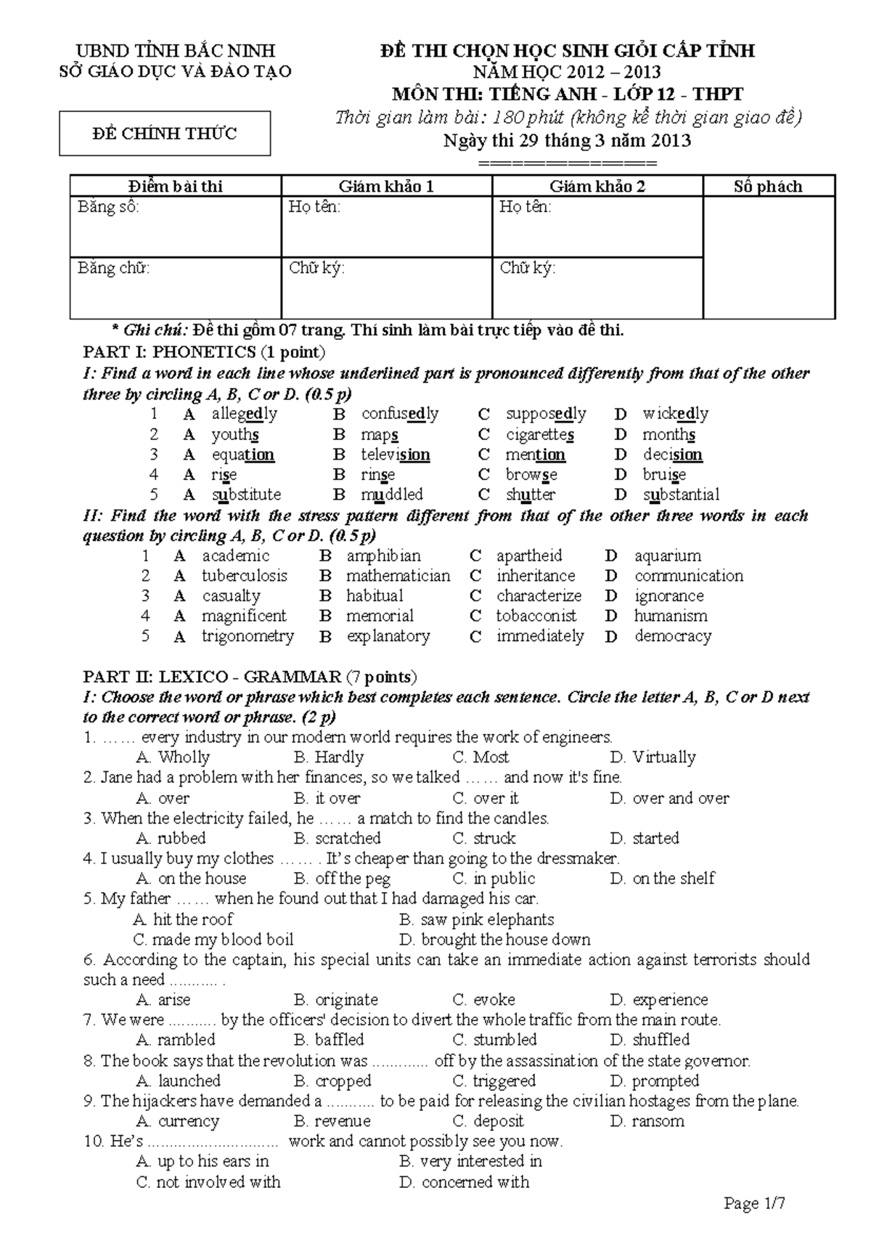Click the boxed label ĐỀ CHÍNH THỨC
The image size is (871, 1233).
(165, 134)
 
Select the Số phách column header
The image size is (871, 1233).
(768, 187)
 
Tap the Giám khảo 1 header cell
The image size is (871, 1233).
(386, 187)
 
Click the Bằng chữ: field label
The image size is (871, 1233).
(114, 268)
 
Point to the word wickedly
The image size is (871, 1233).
(675, 414)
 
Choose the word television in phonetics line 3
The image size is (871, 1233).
(395, 455)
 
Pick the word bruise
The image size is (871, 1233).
(664, 475)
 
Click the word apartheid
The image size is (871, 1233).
(529, 556)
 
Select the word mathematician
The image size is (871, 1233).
(398, 576)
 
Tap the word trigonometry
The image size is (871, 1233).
(248, 636)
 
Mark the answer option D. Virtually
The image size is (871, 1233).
(653, 757)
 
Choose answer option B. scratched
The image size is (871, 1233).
(338, 838)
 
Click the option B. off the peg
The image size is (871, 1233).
(343, 879)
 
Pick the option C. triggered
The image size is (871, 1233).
(494, 1081)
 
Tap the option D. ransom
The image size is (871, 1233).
(647, 1121)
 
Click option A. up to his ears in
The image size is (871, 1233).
(203, 1162)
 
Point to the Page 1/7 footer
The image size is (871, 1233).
(755, 1203)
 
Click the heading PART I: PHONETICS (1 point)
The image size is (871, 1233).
(204, 353)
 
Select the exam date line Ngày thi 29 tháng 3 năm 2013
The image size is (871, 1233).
(567, 141)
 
